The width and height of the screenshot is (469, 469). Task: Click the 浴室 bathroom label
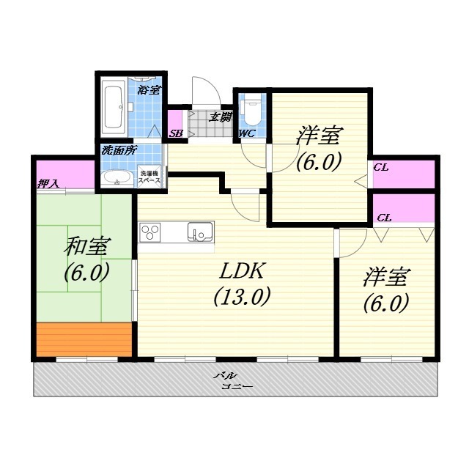click(x=149, y=90)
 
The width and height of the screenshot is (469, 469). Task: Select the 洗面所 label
click(x=119, y=151)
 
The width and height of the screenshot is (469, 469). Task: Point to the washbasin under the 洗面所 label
click(x=116, y=178)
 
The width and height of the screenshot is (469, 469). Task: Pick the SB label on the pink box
click(x=176, y=133)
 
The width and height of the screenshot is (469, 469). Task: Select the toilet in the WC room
click(x=251, y=110)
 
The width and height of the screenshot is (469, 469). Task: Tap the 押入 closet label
click(x=48, y=183)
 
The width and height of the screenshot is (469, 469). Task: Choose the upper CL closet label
click(x=380, y=167)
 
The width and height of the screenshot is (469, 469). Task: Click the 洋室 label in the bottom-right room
click(x=386, y=277)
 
